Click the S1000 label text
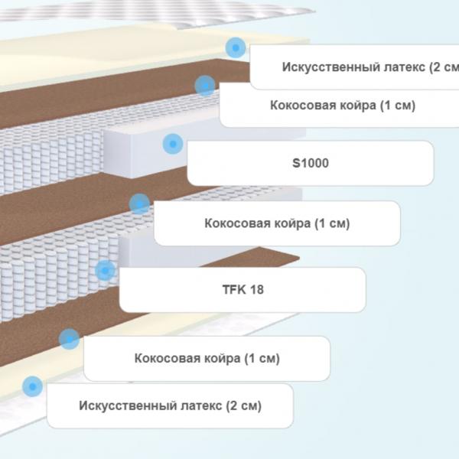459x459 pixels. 311,163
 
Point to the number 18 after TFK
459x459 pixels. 257,289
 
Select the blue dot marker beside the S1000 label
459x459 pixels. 173,144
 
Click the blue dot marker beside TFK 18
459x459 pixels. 105,270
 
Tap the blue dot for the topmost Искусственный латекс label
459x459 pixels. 236,47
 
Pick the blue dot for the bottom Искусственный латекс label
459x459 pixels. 32,386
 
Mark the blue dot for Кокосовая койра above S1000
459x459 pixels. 205,86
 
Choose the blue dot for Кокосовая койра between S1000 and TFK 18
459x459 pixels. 140,203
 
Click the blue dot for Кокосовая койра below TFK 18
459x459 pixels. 69,339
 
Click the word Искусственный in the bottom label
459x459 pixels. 128,405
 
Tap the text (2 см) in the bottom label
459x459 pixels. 243,406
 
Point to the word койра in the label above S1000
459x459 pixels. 358,106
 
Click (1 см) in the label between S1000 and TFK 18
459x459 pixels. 332,223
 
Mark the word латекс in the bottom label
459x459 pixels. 201,405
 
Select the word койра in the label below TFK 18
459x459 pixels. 222,358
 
